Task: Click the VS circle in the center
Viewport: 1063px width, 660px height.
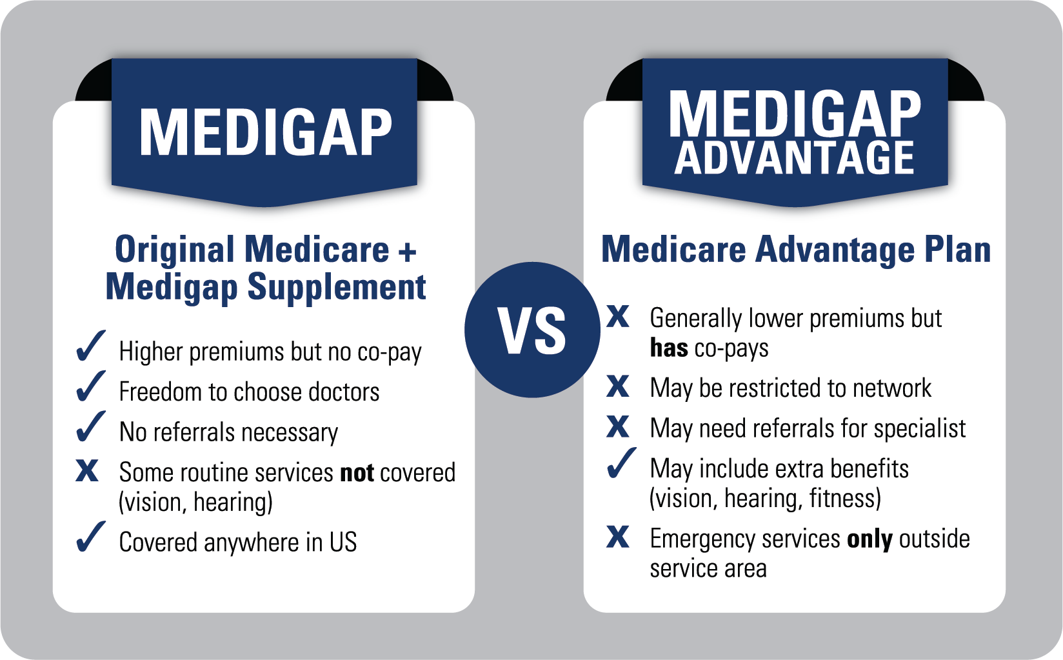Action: click(x=532, y=330)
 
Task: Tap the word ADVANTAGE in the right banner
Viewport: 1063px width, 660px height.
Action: click(x=794, y=159)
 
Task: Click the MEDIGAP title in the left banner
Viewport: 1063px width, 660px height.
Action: click(x=265, y=132)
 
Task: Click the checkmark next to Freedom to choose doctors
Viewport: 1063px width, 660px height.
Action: click(x=90, y=387)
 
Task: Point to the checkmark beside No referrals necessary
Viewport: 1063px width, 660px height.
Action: click(x=90, y=427)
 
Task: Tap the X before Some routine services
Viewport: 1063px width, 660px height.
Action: click(x=87, y=471)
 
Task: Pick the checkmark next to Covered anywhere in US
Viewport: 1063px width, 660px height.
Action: click(x=90, y=537)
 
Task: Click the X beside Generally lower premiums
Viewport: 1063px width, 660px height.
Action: click(x=618, y=316)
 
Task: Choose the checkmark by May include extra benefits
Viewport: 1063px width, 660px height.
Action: click(x=621, y=464)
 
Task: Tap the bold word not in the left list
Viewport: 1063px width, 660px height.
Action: click(x=357, y=473)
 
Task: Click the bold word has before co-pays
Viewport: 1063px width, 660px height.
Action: click(x=669, y=348)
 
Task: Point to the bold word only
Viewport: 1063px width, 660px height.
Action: click(x=869, y=539)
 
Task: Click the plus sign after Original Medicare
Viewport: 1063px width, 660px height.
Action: click(x=407, y=252)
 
